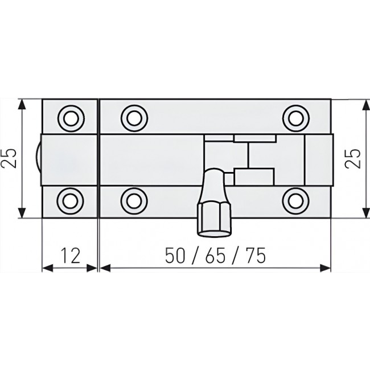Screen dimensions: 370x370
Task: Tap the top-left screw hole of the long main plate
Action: pos(133,118)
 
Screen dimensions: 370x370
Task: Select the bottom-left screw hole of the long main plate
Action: pos(133,200)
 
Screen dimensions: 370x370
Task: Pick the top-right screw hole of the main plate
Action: pos(295,118)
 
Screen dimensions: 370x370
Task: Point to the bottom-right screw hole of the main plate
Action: pos(295,200)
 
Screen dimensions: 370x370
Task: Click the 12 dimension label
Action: pos(71,257)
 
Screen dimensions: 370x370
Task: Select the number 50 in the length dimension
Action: pos(176,257)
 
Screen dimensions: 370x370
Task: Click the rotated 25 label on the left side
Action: pos(10,159)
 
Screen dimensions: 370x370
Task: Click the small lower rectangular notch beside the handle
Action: pos(254,176)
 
